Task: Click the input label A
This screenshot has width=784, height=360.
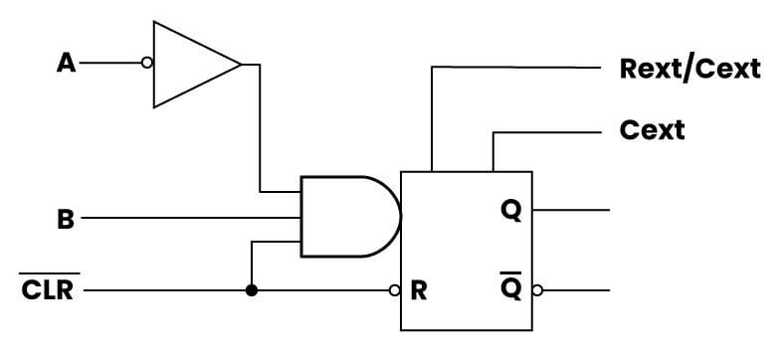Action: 66,64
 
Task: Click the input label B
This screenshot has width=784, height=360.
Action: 66,218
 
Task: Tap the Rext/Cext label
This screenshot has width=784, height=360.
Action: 689,69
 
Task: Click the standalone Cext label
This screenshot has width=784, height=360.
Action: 652,130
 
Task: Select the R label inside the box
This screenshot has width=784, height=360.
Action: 419,292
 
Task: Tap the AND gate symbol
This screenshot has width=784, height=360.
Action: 348,217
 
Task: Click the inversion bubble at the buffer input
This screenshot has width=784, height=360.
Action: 147,64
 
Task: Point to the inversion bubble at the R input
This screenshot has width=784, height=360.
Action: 395,291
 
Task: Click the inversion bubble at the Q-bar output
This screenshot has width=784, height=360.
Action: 538,291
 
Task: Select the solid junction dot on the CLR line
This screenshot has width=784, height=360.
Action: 252,291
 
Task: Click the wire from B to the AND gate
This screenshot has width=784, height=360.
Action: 189,217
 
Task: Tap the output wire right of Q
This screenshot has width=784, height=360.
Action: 571,211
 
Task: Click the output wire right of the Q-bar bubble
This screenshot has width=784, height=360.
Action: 577,291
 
